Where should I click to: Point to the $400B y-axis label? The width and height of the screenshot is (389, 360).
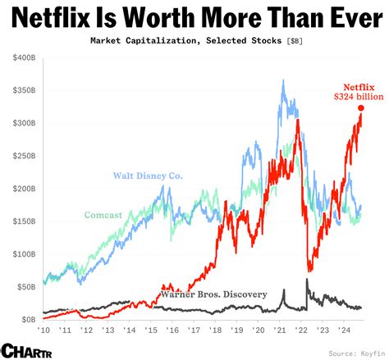click(22, 58)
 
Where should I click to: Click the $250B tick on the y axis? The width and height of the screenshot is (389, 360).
click(22, 156)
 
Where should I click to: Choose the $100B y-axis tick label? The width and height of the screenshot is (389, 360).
click(22, 253)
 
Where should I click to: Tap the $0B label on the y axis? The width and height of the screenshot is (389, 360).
click(26, 319)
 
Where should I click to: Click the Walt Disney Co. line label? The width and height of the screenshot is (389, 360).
click(148, 175)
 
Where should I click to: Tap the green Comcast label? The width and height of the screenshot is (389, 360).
click(103, 215)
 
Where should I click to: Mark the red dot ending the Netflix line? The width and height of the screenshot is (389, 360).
click(361, 108)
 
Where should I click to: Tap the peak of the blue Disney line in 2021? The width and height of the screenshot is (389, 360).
click(283, 81)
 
